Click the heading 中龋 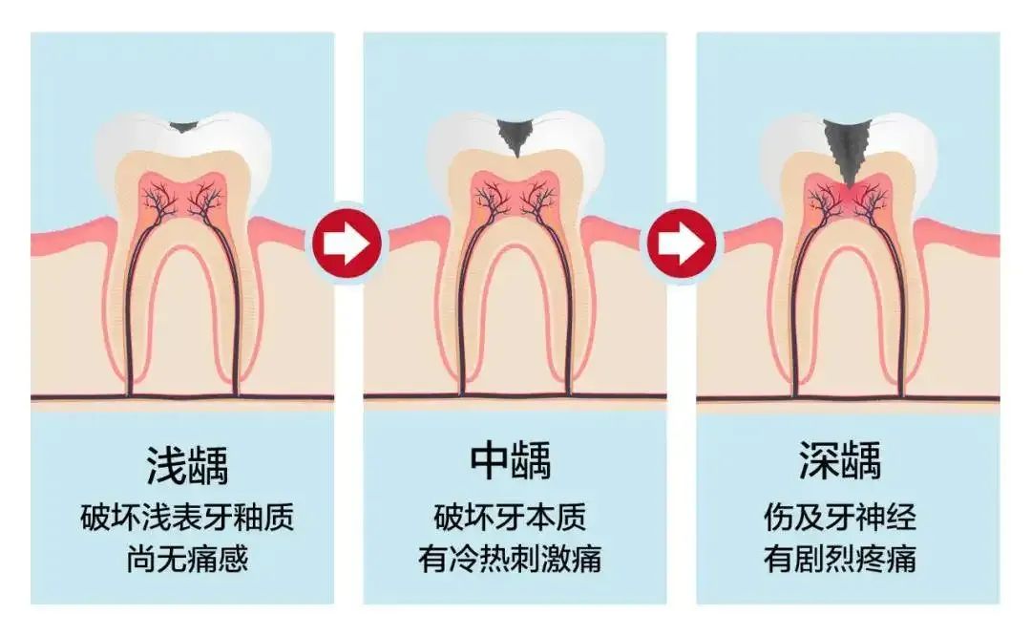click(511, 460)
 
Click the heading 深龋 click(840, 460)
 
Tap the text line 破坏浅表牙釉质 click(187, 517)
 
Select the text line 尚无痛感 click(187, 559)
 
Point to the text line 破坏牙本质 click(510, 517)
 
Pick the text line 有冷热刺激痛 click(510, 559)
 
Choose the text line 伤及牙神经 click(840, 517)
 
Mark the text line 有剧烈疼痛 click(840, 559)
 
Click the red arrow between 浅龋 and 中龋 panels click(347, 243)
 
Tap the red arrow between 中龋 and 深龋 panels click(682, 243)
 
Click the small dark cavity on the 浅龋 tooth click(183, 126)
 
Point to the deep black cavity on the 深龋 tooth click(848, 150)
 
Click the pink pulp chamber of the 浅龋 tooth click(183, 195)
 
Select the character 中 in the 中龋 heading click(490, 460)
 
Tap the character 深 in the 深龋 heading click(819, 460)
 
